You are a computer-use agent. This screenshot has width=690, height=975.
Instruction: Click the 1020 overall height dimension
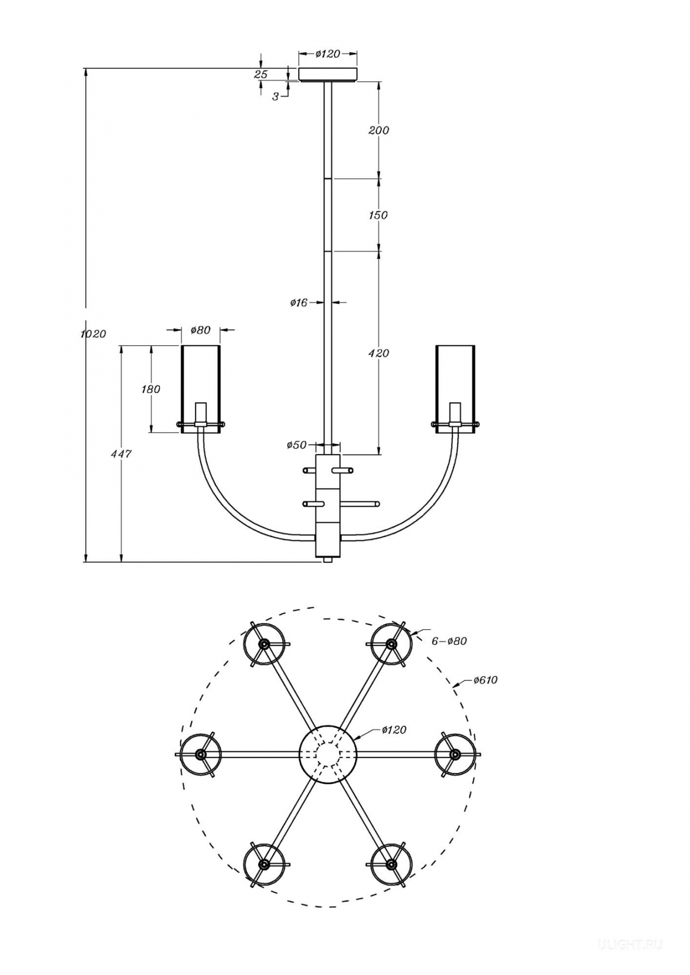point(93,333)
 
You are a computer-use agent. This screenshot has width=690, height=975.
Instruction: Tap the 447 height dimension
point(121,454)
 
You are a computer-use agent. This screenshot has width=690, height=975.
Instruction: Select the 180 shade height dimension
point(151,388)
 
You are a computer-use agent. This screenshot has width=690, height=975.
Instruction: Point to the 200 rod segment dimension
point(378,130)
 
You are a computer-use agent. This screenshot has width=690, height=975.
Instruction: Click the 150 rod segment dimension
point(378,215)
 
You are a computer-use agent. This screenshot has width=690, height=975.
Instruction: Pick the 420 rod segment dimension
point(378,353)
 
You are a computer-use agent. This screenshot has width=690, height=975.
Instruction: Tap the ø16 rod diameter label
point(299,303)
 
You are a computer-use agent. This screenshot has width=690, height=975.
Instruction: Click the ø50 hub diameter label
point(296,445)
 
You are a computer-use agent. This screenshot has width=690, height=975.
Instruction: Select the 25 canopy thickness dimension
point(261,74)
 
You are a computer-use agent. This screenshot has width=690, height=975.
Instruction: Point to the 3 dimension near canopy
point(275,97)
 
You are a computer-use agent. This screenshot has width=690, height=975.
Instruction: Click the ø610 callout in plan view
point(485,680)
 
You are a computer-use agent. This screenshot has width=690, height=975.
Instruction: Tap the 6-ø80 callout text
point(449,641)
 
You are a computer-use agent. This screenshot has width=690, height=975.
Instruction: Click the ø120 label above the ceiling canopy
point(328,53)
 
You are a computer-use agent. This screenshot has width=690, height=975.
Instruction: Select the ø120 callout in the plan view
point(394,730)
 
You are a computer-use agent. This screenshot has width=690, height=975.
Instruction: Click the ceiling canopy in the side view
point(328,74)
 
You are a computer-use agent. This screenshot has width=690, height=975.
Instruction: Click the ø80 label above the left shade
point(201,330)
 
